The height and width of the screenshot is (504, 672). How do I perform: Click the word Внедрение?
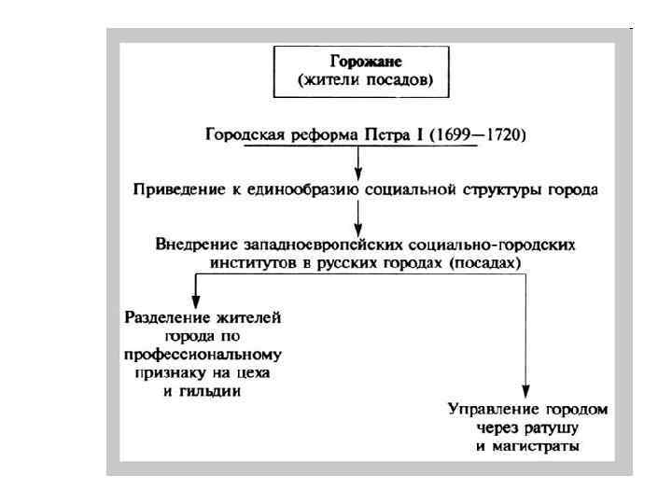[193, 245]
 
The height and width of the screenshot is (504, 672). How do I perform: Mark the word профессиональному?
[203, 355]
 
